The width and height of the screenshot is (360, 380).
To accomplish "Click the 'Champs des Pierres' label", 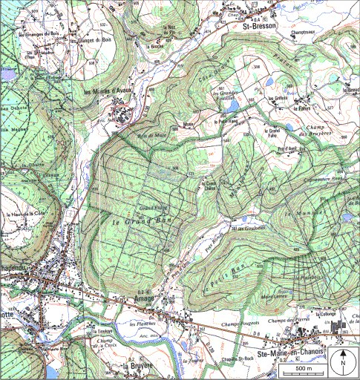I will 284,318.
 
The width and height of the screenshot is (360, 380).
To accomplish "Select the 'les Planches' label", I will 143,324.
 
